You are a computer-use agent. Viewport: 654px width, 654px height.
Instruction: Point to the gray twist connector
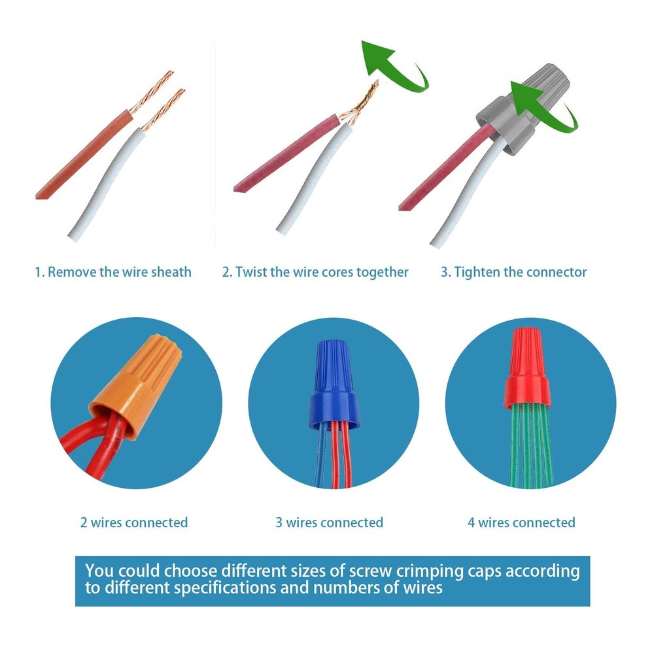tap(523, 109)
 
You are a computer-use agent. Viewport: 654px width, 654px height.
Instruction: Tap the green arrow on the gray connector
tap(542, 107)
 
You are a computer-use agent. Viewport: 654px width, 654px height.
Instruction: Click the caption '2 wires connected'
tap(134, 522)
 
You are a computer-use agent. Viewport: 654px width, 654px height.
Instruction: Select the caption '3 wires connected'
tap(329, 522)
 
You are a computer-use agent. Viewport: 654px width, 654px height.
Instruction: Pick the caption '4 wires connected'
tap(521, 522)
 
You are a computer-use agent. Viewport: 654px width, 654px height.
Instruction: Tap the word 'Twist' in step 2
tap(251, 272)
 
